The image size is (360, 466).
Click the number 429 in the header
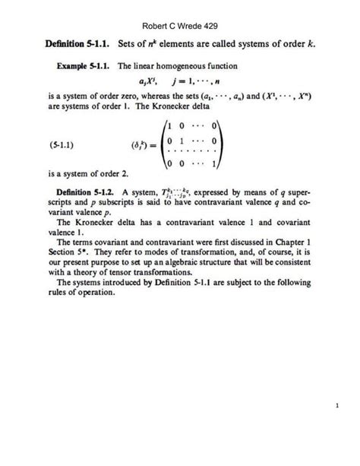point(214,25)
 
